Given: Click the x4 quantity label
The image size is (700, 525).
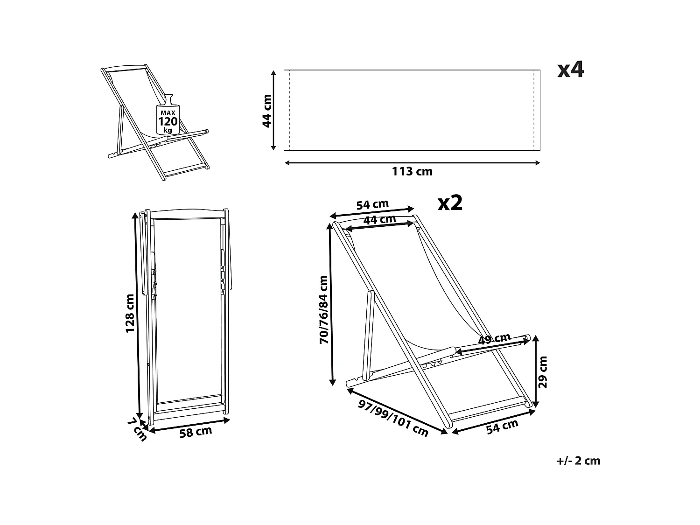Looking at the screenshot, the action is pyautogui.click(x=571, y=70).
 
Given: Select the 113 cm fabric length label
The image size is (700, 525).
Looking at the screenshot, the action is pyautogui.click(x=412, y=172).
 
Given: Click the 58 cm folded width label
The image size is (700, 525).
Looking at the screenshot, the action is pyautogui.click(x=196, y=432).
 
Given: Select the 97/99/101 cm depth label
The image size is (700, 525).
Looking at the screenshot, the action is pyautogui.click(x=393, y=418).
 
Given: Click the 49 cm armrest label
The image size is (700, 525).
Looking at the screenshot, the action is pyautogui.click(x=494, y=339).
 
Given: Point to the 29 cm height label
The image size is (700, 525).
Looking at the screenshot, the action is pyautogui.click(x=543, y=372).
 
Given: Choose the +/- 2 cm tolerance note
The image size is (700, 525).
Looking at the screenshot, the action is pyautogui.click(x=578, y=461).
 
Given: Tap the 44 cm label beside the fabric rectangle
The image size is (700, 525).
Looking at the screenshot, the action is pyautogui.click(x=267, y=111).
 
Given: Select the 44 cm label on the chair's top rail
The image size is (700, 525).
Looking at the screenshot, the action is pyautogui.click(x=379, y=219).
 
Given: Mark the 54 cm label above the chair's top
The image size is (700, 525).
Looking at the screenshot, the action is pyautogui.click(x=372, y=204).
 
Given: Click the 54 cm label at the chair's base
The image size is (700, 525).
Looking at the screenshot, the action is pyautogui.click(x=502, y=427).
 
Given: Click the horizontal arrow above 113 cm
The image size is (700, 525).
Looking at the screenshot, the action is pyautogui.click(x=412, y=163).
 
